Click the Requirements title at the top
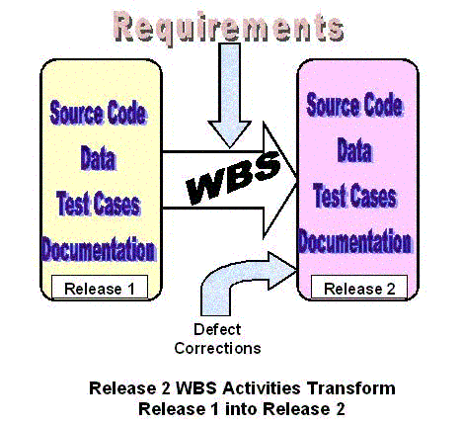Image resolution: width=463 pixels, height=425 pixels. (x=229, y=28)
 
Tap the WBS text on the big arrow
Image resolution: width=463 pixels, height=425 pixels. (x=233, y=178)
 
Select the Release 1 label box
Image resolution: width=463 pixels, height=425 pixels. (x=100, y=288)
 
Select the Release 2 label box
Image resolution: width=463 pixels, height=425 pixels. (x=359, y=288)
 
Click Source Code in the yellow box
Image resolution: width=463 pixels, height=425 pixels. (x=98, y=113)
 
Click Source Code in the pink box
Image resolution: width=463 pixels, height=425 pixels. (x=354, y=105)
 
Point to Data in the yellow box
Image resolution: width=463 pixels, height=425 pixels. (x=99, y=158)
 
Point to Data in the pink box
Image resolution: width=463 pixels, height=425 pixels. (x=354, y=150)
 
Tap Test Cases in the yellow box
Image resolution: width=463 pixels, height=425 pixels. (x=99, y=204)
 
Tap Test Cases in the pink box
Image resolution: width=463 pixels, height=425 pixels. (x=354, y=196)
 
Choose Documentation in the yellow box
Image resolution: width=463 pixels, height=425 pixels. (x=99, y=249)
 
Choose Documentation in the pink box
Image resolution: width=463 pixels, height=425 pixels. (x=354, y=241)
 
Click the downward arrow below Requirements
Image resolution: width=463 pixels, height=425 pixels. (x=229, y=96)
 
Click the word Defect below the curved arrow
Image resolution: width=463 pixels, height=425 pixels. (x=217, y=329)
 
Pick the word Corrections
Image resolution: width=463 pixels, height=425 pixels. (x=217, y=348)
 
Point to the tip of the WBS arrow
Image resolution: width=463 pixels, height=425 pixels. (x=297, y=180)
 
